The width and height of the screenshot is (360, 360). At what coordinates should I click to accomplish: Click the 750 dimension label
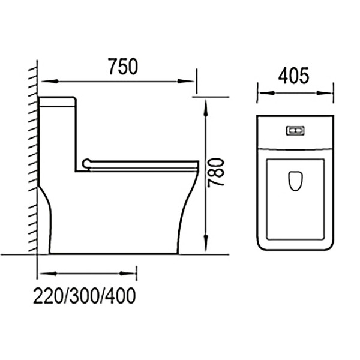coord(122,65)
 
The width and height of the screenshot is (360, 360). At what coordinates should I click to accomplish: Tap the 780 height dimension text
coord(217,172)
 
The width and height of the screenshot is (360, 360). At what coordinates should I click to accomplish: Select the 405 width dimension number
coord(294,76)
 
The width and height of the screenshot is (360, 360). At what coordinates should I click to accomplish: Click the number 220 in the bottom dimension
coord(49,295)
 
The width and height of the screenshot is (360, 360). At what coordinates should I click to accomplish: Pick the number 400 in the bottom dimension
coord(120,295)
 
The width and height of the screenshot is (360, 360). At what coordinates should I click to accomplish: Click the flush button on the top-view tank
coord(294,130)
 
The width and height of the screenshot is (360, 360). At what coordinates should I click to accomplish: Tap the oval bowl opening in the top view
coord(294,180)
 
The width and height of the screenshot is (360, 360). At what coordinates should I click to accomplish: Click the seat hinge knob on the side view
coord(87,162)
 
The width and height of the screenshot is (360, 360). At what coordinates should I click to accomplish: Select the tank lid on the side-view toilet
coord(57,101)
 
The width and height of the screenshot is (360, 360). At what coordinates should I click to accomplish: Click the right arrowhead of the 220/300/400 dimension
coord(133,274)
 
